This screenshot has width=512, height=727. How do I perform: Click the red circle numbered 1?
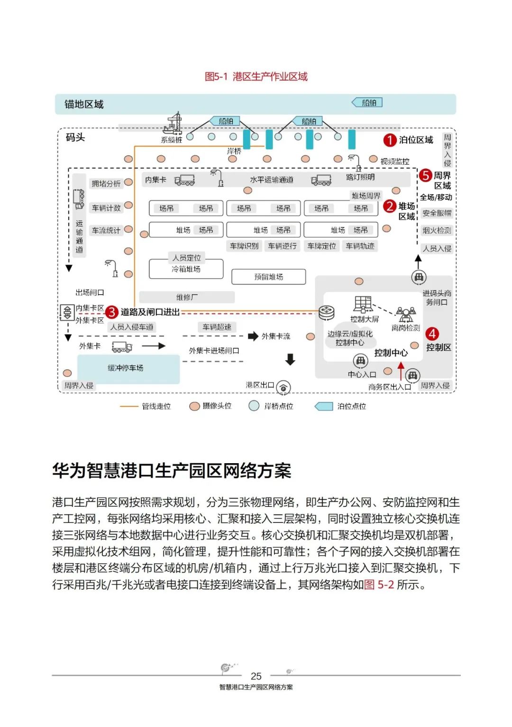click(390, 140)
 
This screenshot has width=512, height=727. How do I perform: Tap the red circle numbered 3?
click(111, 312)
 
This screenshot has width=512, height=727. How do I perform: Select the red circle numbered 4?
click(432, 334)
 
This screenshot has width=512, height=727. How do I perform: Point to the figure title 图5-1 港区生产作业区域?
click(256, 76)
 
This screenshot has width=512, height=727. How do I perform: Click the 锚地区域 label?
click(84, 104)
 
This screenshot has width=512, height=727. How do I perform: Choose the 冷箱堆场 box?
click(186, 269)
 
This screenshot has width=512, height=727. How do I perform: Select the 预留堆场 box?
click(268, 277)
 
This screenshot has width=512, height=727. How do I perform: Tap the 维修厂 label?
click(187, 297)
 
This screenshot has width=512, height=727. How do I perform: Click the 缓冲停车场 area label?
click(126, 368)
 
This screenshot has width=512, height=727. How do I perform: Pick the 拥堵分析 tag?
click(106, 184)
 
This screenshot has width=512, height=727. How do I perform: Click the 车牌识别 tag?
click(244, 246)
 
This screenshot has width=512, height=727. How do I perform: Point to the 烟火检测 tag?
click(437, 231)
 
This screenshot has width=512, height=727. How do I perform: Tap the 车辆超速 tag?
click(217, 327)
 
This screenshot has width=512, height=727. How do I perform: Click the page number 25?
click(256, 676)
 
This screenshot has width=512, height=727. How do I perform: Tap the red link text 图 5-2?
click(379, 585)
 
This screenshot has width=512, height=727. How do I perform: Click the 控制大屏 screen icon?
click(363, 304)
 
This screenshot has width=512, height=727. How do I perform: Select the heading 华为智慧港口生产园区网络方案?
click(172, 471)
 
